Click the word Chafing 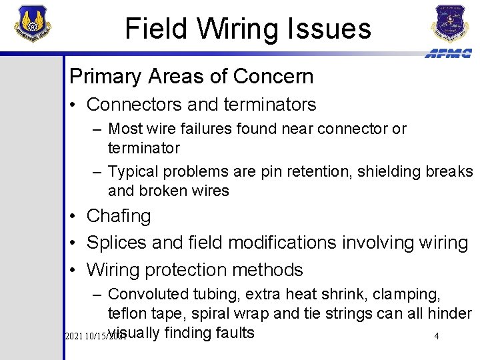pos(119,216)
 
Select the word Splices pos(117,243)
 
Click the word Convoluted pos(148,294)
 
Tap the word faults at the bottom pos(233,332)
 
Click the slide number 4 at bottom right pos(436,336)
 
